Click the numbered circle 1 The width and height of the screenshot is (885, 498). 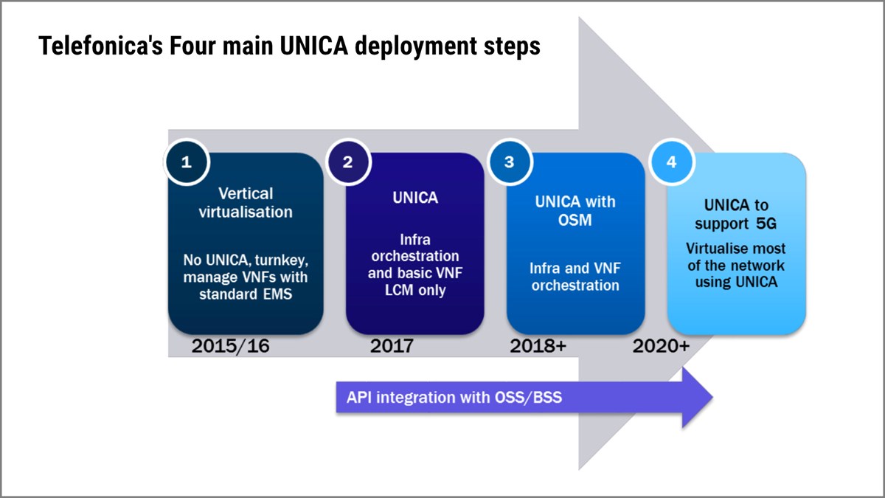(186, 162)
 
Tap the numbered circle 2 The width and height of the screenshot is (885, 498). (347, 162)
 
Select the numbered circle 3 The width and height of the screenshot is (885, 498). (509, 162)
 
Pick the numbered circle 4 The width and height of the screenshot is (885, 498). (670, 162)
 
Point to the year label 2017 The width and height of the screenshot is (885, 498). (392, 345)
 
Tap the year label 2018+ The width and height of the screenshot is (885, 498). (538, 345)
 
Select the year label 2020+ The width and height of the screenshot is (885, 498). (661, 345)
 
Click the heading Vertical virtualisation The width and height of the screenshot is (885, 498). (246, 202)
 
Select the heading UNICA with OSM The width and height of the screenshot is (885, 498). (575, 210)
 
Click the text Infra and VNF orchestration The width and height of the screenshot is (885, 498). (575, 276)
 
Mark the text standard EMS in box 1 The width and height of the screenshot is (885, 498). (246, 293)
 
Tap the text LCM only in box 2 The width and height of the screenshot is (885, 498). (415, 290)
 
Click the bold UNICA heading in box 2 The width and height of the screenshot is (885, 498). (415, 198)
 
